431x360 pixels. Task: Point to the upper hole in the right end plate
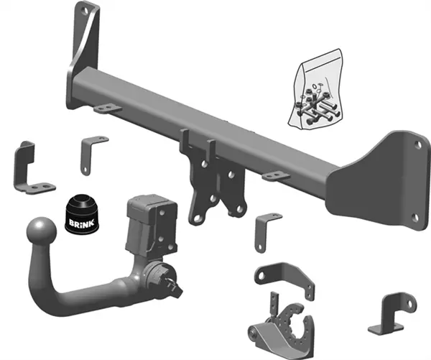[x=418, y=144]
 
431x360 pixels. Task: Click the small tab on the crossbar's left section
[x=106, y=109]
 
